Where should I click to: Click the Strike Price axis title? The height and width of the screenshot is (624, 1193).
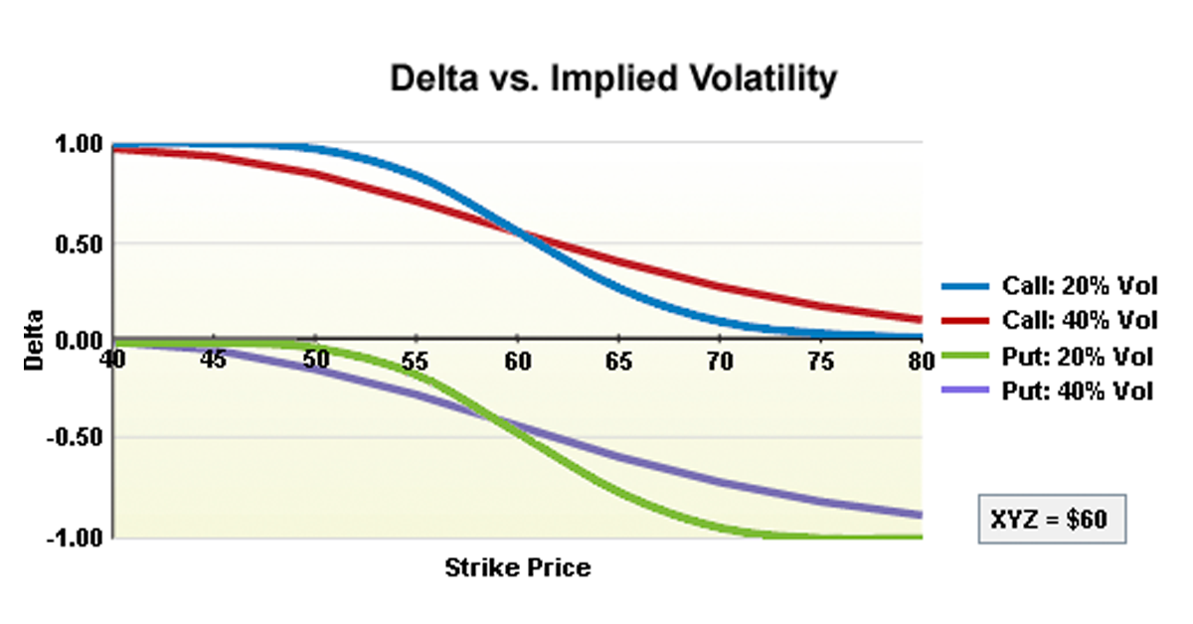coord(517,568)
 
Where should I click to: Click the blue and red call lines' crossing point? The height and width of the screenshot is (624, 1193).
coord(521,234)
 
